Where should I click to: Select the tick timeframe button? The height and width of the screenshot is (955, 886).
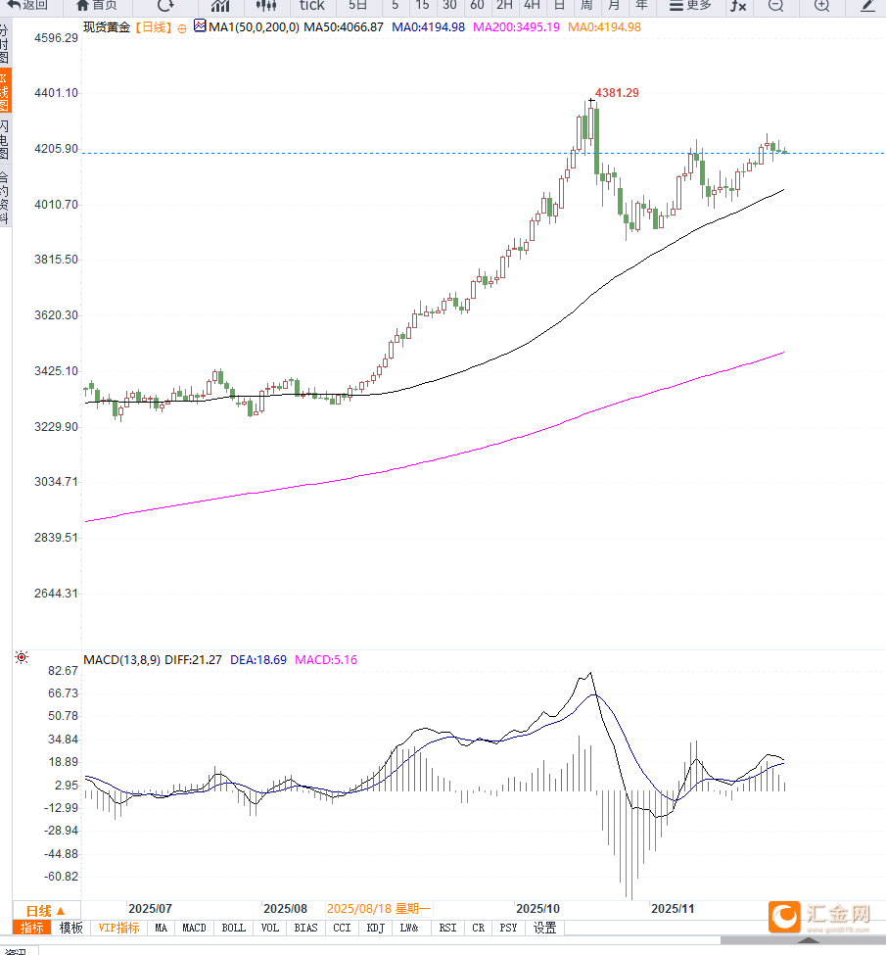coord(311,5)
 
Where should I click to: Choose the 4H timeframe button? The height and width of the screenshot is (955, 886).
coord(532,5)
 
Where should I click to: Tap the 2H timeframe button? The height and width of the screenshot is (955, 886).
coord(504,5)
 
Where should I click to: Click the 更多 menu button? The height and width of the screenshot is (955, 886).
coord(690,5)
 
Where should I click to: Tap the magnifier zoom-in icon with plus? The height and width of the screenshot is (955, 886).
coord(821,6)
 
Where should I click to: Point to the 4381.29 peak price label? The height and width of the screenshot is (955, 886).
coord(617,93)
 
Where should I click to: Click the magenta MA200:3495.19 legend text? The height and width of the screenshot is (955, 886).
coord(516,27)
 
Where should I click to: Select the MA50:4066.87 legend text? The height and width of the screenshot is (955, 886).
coord(343,27)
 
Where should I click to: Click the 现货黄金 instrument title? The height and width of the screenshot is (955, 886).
coord(106,27)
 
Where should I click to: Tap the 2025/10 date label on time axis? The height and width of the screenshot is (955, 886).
coord(536,909)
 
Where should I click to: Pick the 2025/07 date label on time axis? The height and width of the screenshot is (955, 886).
coord(150,909)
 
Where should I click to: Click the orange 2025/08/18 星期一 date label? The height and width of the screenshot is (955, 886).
coord(378,909)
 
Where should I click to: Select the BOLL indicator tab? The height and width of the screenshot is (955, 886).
coord(233,928)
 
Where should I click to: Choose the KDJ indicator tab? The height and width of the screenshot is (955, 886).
coord(376,928)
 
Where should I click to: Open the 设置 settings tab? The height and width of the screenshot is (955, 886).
coord(544,928)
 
